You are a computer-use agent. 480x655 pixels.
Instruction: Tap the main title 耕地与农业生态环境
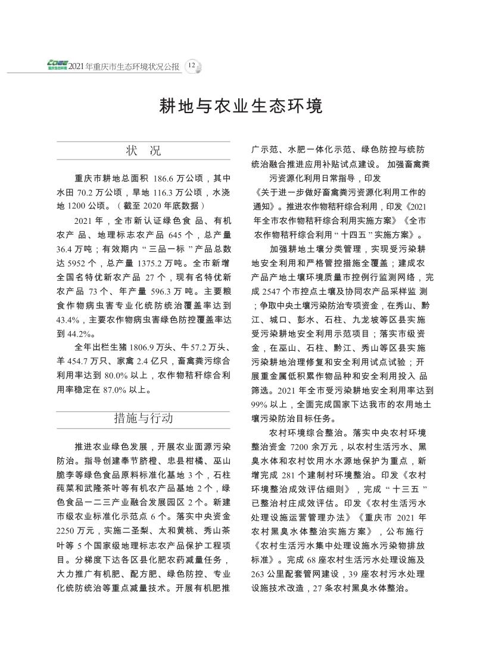click(240, 106)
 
